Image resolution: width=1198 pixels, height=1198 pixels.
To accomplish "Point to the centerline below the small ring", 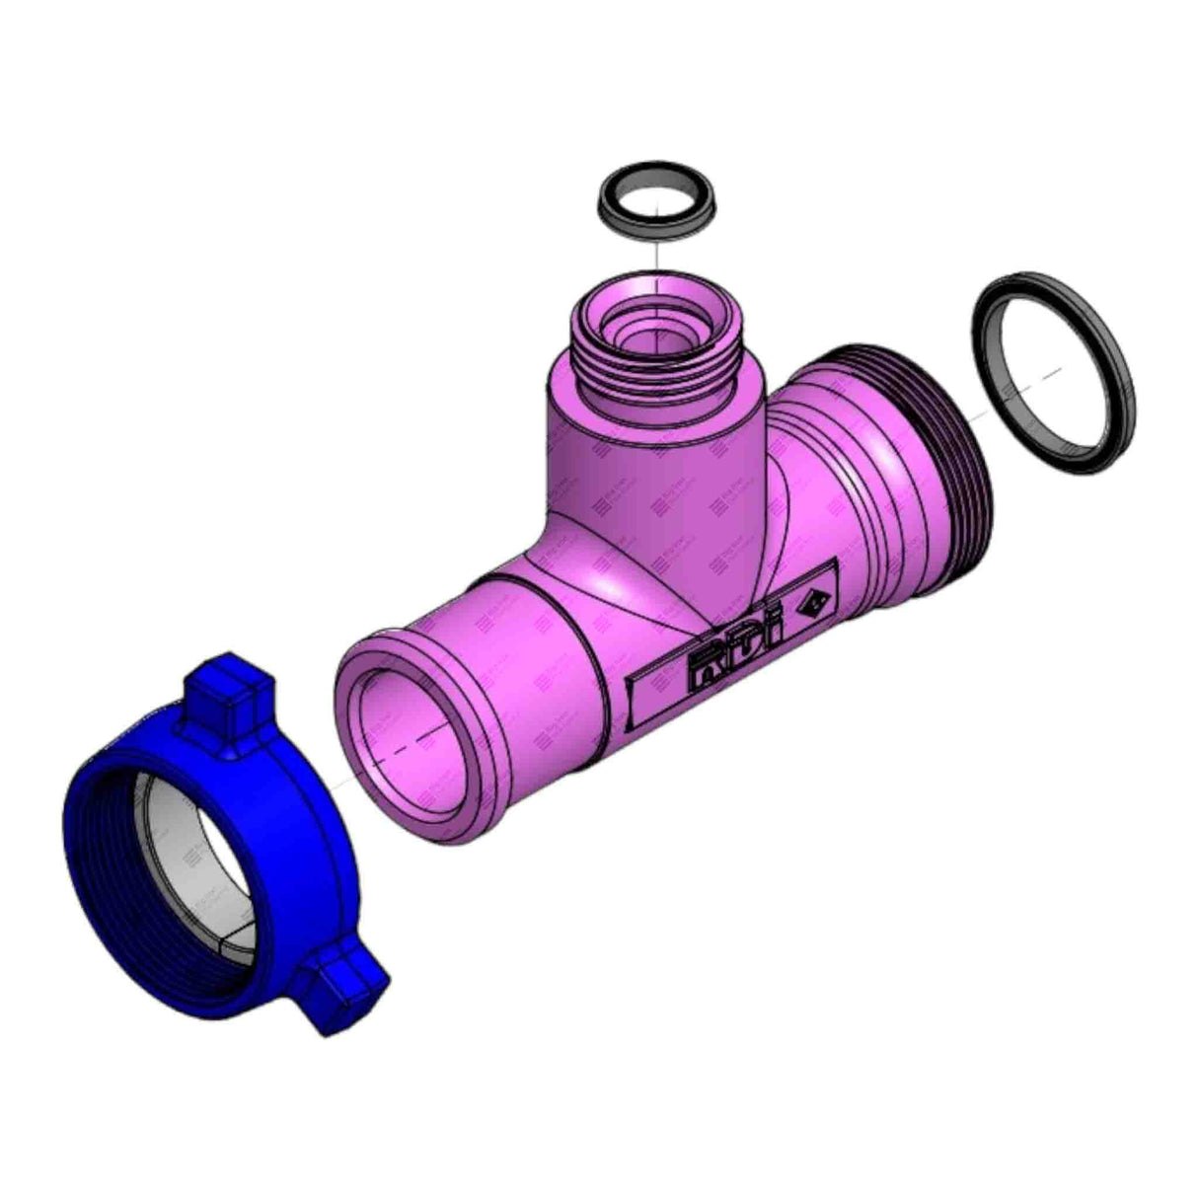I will pyautogui.click(x=654, y=259).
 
